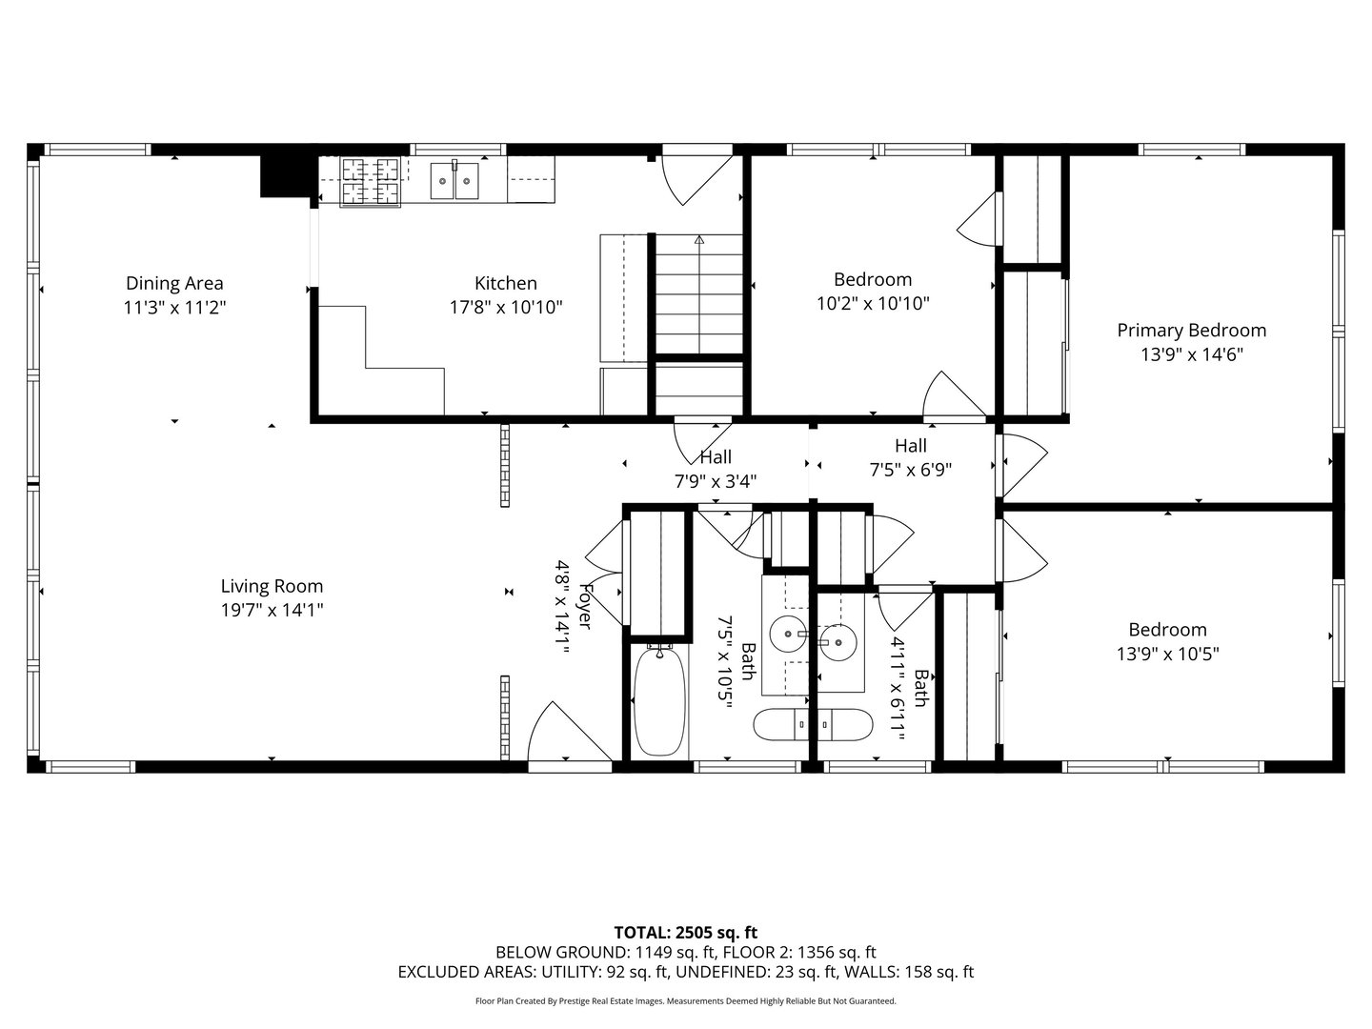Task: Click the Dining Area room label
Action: click(x=174, y=283)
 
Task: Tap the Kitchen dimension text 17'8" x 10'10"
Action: click(x=506, y=308)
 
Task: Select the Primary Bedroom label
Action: click(x=1191, y=331)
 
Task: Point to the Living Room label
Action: click(x=272, y=586)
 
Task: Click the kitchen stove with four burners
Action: click(x=370, y=181)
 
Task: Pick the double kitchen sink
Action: click(x=454, y=181)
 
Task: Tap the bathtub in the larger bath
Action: click(x=658, y=702)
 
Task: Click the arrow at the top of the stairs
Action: click(x=698, y=239)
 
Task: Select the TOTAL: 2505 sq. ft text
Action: click(x=686, y=932)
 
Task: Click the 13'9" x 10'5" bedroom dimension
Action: click(x=1167, y=655)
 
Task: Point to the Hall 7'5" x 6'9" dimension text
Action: click(x=911, y=470)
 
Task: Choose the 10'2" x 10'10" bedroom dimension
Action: click(x=873, y=304)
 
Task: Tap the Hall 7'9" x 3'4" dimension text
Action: click(x=716, y=482)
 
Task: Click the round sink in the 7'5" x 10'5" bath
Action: click(x=788, y=634)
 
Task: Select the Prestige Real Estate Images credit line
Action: click(x=686, y=1000)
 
